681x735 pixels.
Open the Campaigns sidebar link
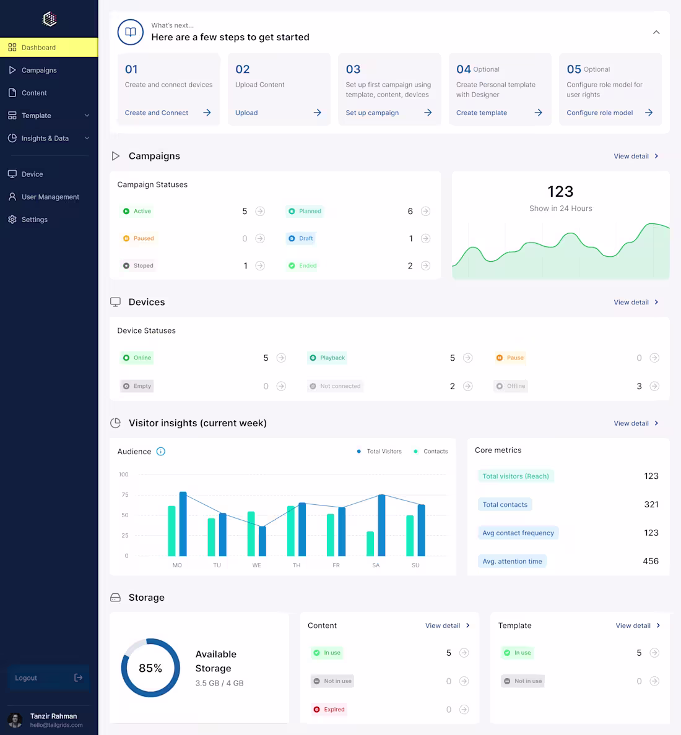[38, 71]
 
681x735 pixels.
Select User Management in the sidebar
[50, 197]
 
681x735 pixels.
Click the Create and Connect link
[157, 113]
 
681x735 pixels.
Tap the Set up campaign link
[372, 113]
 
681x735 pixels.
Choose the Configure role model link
[600, 113]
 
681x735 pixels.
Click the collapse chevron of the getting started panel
[656, 32]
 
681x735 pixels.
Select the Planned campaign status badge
[305, 212]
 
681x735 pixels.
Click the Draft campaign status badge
[301, 239]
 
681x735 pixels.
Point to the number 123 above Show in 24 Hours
[560, 192]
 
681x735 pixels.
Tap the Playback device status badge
[327, 358]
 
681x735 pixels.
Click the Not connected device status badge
[336, 387]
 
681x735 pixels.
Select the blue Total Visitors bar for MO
[183, 524]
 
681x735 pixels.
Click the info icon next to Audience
[161, 452]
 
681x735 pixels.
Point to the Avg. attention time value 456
[651, 561]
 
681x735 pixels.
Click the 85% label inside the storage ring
[150, 668]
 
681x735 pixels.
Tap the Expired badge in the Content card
[329, 710]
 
